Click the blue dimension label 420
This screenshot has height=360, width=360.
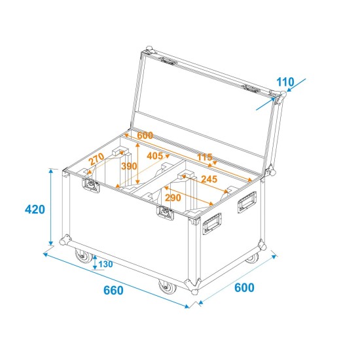pos(34,210)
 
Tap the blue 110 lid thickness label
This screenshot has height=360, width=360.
pos(285,82)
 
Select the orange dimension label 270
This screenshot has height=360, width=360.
pos(96,158)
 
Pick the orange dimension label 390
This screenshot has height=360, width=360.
pos(129,166)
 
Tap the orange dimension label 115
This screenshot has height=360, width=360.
pos(206,158)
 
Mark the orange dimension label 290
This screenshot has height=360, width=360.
pos(173,197)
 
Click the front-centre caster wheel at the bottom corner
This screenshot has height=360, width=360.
pos(164,288)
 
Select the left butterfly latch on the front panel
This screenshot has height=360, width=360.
pos(90,185)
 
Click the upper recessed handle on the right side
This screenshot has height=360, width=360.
pos(247,200)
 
